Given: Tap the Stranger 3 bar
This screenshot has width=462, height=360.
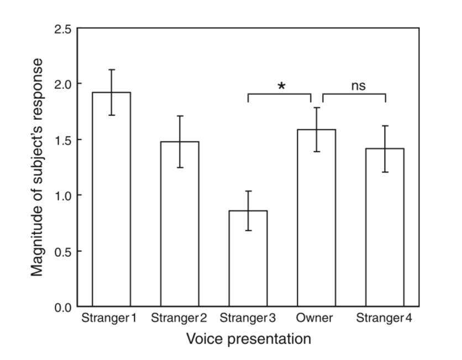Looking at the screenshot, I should point(248,260).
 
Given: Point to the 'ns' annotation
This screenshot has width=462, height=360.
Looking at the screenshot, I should point(358,86).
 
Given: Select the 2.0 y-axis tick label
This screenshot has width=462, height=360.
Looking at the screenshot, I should point(62,84).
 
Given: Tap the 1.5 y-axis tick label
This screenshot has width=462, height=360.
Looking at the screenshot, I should point(62,140).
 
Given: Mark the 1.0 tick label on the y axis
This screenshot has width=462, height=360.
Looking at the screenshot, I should point(62,195).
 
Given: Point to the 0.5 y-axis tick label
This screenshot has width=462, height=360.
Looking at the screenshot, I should point(62,251).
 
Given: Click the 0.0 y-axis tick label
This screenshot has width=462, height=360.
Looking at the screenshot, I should point(62,307).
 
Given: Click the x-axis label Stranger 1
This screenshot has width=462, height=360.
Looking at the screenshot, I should point(109,319).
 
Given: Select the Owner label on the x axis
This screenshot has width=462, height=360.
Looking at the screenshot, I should point(314,319).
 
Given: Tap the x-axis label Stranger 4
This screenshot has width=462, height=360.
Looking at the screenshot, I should point(384,319).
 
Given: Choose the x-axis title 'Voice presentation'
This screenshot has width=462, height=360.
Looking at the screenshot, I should point(248,338).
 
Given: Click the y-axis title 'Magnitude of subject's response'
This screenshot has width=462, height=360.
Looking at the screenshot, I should point(38,167).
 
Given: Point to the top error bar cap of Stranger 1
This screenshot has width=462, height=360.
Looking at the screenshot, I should point(112,70).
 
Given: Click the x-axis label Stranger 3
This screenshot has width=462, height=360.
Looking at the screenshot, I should point(247,319).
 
